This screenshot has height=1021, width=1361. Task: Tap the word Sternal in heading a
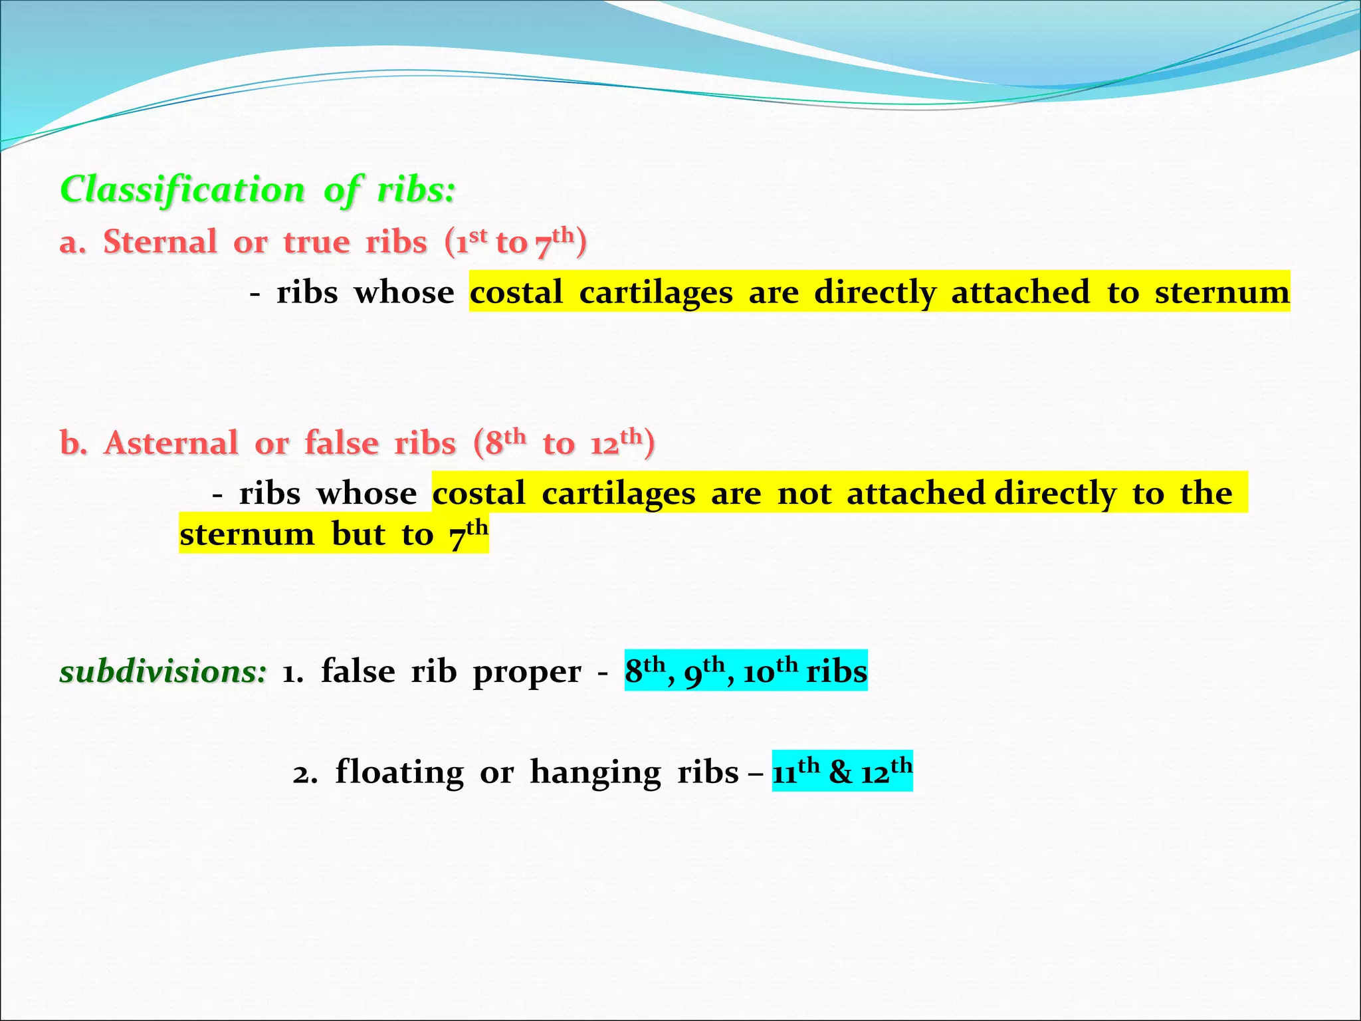(x=159, y=242)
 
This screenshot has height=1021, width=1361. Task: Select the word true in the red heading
(x=316, y=242)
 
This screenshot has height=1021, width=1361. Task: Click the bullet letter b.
(x=73, y=443)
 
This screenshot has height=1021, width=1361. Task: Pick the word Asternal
(x=171, y=443)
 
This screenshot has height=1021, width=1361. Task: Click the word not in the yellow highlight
(x=804, y=494)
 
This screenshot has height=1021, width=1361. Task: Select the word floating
(x=399, y=772)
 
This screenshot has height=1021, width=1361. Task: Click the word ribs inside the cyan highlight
(x=836, y=671)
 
